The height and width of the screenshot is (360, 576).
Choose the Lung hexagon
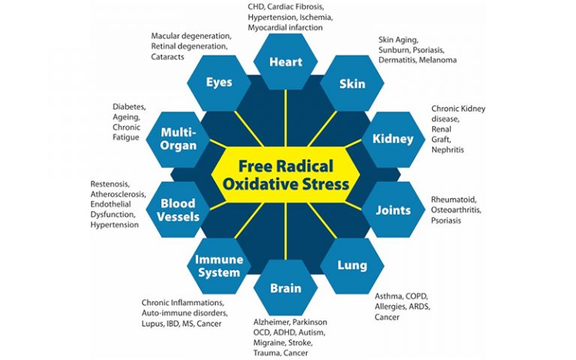tap(352, 265)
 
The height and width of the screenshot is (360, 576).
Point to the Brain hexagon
tap(285, 288)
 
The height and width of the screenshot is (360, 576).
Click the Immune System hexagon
tap(218, 265)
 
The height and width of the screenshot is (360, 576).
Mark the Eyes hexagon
tap(219, 82)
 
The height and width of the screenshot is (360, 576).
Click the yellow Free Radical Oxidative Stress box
tap(285, 174)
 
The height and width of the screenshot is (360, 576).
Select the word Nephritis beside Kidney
tap(448, 150)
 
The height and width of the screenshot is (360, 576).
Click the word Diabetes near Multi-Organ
tap(128, 106)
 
